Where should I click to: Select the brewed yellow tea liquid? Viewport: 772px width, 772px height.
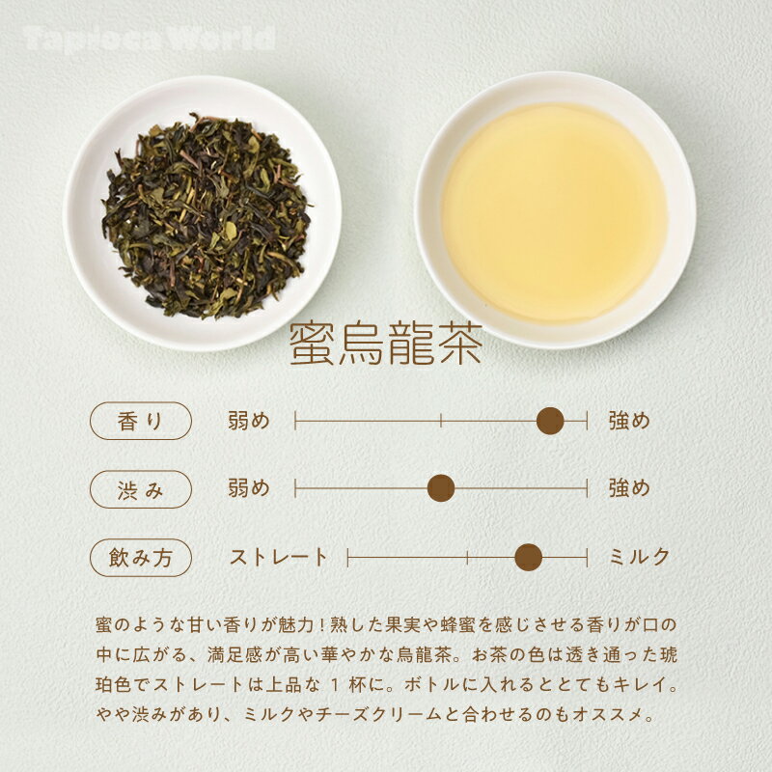click(554, 212)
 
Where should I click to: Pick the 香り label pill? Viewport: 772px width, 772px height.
click(140, 421)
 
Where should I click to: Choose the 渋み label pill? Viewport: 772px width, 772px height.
click(140, 489)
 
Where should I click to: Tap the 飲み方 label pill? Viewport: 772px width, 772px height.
click(140, 557)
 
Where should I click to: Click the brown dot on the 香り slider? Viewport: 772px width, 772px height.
click(550, 421)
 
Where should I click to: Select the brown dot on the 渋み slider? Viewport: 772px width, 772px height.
click(441, 488)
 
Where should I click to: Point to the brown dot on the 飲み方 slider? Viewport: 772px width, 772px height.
click(528, 557)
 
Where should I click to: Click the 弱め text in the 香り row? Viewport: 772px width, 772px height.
click(248, 421)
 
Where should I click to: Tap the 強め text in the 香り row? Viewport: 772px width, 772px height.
click(629, 421)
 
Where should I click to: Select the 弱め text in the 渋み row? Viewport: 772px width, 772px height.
click(248, 488)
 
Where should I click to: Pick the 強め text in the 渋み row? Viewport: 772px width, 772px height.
click(629, 488)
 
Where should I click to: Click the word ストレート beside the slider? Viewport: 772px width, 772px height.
click(279, 557)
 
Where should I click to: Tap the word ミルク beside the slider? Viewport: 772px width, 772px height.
click(639, 557)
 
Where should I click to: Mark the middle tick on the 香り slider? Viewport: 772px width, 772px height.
click(441, 421)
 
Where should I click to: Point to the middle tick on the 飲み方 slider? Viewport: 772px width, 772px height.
click(467, 557)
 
